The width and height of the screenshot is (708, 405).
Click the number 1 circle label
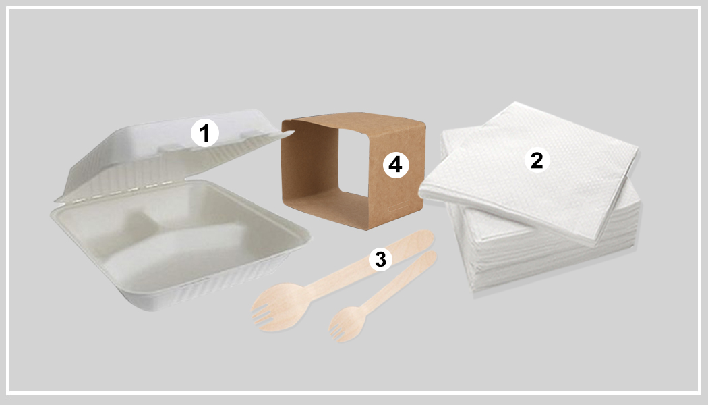205,133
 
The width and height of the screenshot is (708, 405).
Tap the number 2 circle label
537,160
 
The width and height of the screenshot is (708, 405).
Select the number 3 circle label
380,259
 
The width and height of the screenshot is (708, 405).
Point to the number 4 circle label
395,164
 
